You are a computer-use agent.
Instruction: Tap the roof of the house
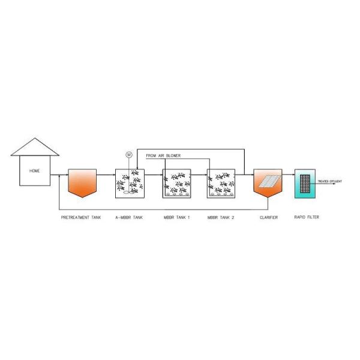pos(35,148)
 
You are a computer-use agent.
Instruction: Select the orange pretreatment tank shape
pos(82,182)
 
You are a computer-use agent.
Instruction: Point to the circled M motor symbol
pos(128,155)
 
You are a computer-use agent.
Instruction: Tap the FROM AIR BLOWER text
pos(163,155)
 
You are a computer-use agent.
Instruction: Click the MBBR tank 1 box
pos(176,184)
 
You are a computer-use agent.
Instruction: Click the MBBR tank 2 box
pos(221,184)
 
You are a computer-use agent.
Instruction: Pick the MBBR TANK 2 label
pos(221,217)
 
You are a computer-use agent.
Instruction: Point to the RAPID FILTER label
pos(307,217)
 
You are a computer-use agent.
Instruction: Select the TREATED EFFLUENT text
pos(329,180)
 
